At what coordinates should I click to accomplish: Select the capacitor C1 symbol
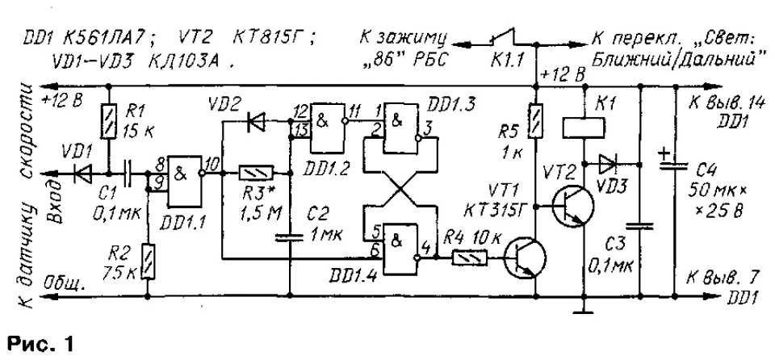tap(127, 174)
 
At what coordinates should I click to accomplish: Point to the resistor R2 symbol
tap(148, 260)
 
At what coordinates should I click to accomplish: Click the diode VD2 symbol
tap(257, 119)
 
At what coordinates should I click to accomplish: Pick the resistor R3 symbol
tap(256, 173)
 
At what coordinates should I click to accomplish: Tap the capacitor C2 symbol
tap(290, 237)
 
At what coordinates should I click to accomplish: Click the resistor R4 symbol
tap(470, 257)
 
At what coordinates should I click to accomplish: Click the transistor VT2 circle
tap(573, 206)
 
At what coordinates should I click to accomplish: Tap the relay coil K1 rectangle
tap(584, 128)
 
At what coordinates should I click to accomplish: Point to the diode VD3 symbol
tap(606, 163)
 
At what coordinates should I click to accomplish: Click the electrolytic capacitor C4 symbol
tap(675, 164)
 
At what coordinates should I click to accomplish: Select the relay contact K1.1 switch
tap(503, 39)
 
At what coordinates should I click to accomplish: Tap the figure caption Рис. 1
tap(40, 343)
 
